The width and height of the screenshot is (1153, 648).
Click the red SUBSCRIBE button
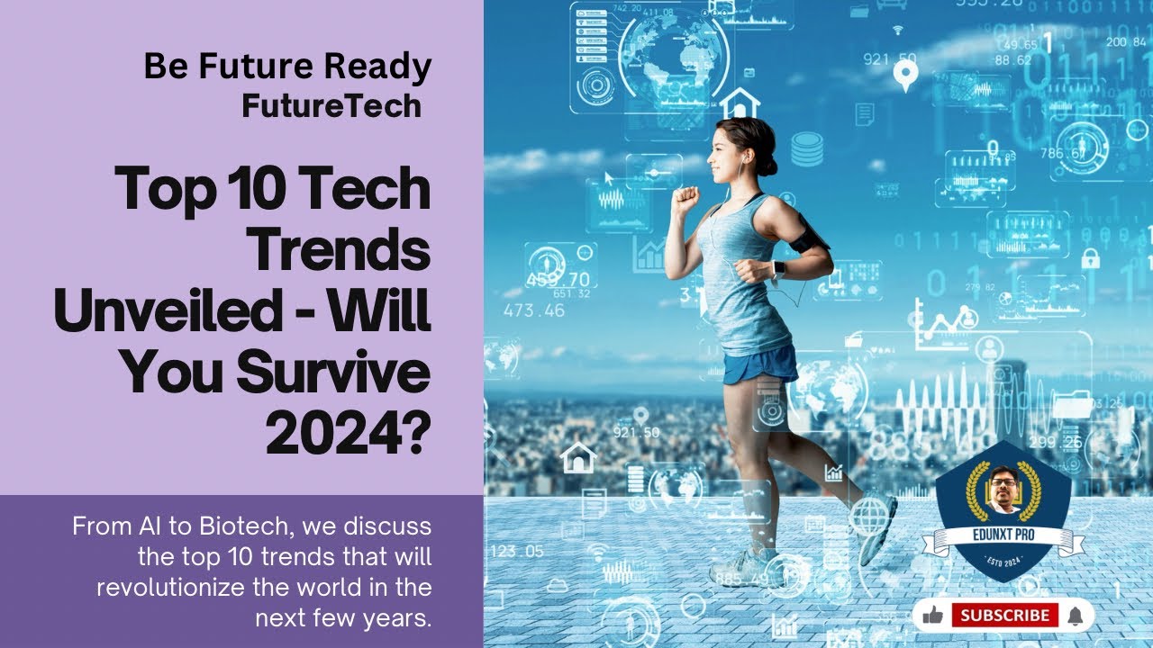(1004, 616)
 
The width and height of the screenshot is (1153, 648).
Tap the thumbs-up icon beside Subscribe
(933, 616)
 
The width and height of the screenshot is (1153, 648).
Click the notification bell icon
(1075, 616)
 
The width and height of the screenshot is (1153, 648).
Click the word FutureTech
(331, 106)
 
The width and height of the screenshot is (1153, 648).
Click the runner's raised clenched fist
(686, 198)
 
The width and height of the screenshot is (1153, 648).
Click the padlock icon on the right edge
(1090, 259)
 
